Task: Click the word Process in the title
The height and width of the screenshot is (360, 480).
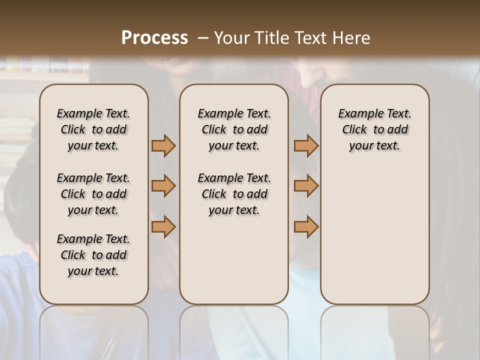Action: (x=154, y=38)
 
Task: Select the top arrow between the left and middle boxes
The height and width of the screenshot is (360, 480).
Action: (x=163, y=146)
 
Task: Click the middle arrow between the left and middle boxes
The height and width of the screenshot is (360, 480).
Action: (x=163, y=186)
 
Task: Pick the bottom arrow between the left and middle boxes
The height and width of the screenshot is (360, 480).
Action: (x=163, y=227)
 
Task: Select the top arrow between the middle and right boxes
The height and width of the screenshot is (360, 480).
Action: (x=306, y=146)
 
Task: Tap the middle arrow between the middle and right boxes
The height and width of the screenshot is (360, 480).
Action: (x=306, y=186)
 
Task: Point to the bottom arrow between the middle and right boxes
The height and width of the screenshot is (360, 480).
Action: (x=306, y=227)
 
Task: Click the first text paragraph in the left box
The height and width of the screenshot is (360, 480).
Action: (x=93, y=129)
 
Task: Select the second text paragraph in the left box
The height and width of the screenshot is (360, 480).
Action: (x=93, y=194)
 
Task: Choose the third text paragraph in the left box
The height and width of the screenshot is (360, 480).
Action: (x=93, y=255)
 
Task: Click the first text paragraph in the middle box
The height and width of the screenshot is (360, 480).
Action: (x=234, y=129)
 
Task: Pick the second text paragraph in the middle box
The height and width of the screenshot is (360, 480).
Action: (x=234, y=194)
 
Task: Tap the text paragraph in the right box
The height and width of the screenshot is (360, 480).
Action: (x=375, y=129)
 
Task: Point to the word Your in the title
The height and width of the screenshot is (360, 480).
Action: (x=231, y=38)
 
